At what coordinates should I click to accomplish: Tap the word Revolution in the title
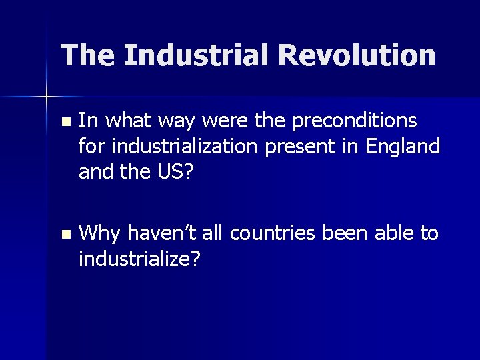pyautogui.click(x=357, y=55)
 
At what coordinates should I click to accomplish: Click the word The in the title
pyautogui.click(x=87, y=55)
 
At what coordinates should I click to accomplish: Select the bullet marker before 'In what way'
pyautogui.click(x=64, y=122)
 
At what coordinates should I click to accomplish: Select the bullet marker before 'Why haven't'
pyautogui.click(x=64, y=235)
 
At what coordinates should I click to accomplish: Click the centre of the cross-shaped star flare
pyautogui.click(x=47, y=97)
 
